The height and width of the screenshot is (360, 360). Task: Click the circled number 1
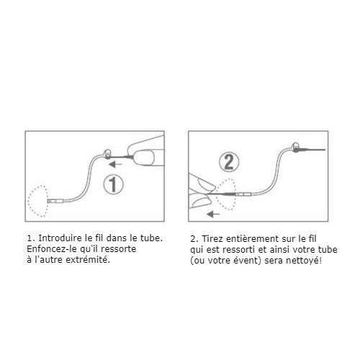coord(113,184)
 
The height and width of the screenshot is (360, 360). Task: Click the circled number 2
coord(229,162)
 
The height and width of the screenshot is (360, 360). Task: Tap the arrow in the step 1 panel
coord(115,164)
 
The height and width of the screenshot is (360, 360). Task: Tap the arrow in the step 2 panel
coord(213,214)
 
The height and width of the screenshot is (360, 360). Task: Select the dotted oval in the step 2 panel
coord(217,194)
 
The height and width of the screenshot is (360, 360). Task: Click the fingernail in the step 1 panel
coord(143,157)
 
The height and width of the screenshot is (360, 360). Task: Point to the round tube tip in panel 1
coord(108,153)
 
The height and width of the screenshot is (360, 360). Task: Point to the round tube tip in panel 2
coord(296,145)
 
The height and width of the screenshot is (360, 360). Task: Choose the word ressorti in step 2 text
coord(238,250)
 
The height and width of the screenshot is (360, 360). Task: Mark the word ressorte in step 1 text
coord(119,249)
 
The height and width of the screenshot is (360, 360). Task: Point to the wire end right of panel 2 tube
coord(325,150)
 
